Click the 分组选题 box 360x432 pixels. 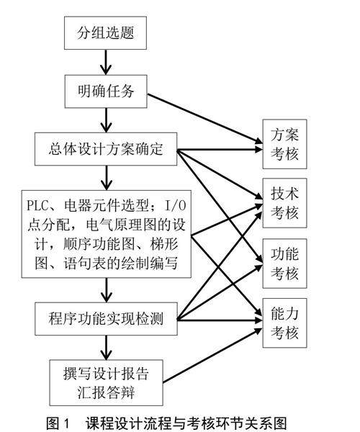(x=106, y=33)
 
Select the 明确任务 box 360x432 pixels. (x=106, y=91)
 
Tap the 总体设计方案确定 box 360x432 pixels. (x=106, y=149)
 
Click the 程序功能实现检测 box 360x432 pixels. (x=106, y=319)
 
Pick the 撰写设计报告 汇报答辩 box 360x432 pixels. (x=106, y=383)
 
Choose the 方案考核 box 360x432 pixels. (x=284, y=144)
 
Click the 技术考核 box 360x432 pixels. (x=284, y=203)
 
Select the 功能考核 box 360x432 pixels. (x=284, y=264)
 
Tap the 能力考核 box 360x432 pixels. (x=284, y=323)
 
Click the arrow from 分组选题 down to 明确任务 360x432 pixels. (x=106, y=62)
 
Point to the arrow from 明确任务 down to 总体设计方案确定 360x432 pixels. (x=106, y=120)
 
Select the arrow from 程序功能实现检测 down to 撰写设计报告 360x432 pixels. (x=107, y=348)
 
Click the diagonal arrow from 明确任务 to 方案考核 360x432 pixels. (x=205, y=119)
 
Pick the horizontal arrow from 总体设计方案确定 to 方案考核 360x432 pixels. (x=220, y=150)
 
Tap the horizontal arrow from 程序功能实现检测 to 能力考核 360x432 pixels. (x=220, y=320)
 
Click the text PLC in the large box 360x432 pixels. (x=37, y=205)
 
